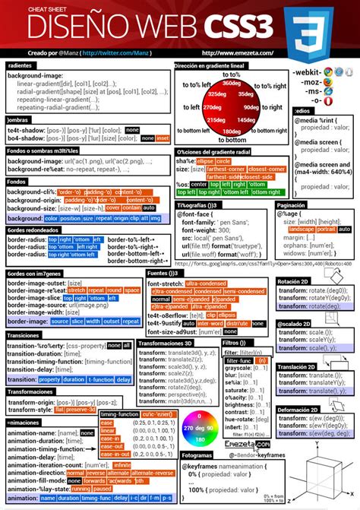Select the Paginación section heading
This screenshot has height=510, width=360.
[291, 205]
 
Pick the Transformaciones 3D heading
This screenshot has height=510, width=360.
[168, 343]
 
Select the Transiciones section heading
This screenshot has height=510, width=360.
[24, 335]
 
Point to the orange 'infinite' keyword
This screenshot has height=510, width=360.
[122, 464]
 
